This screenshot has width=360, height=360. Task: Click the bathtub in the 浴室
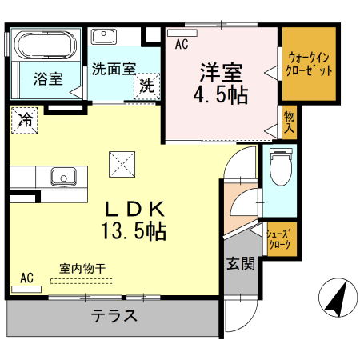46,45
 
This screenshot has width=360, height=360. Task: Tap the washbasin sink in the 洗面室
104,37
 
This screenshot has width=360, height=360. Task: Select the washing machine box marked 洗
147,86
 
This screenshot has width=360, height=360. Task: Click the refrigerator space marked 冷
25,120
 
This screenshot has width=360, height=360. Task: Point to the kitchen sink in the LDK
63,177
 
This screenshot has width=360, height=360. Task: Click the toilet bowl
280,166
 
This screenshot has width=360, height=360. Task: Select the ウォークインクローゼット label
309,64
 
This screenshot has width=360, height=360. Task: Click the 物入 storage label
290,122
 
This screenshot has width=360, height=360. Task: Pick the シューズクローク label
280,239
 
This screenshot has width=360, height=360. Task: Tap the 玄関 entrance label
241,263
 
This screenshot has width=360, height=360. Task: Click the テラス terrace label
114,316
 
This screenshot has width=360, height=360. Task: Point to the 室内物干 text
82,269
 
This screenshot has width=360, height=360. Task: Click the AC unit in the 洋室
182,33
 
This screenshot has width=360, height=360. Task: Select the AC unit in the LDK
26,289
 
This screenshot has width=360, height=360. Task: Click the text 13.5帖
134,230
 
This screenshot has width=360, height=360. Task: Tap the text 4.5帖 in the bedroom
221,94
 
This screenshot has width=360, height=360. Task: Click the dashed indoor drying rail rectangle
82,281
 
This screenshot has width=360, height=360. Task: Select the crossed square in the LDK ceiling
122,164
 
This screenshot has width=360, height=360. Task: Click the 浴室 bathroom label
48,78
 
